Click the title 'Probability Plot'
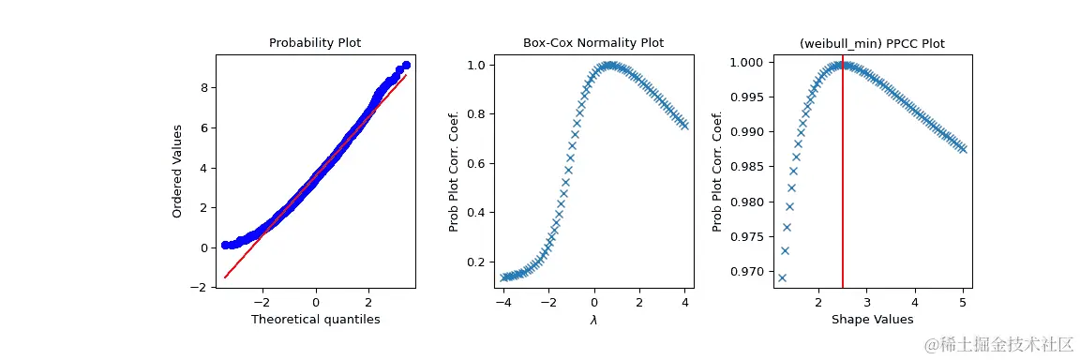315,43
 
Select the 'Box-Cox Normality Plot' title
592,43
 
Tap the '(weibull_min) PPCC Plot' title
872,43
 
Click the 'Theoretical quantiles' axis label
315,321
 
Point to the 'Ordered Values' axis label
177,169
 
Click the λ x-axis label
593,321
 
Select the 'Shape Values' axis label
872,321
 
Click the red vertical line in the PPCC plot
843,187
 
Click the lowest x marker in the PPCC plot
782,277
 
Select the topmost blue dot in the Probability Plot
406,66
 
